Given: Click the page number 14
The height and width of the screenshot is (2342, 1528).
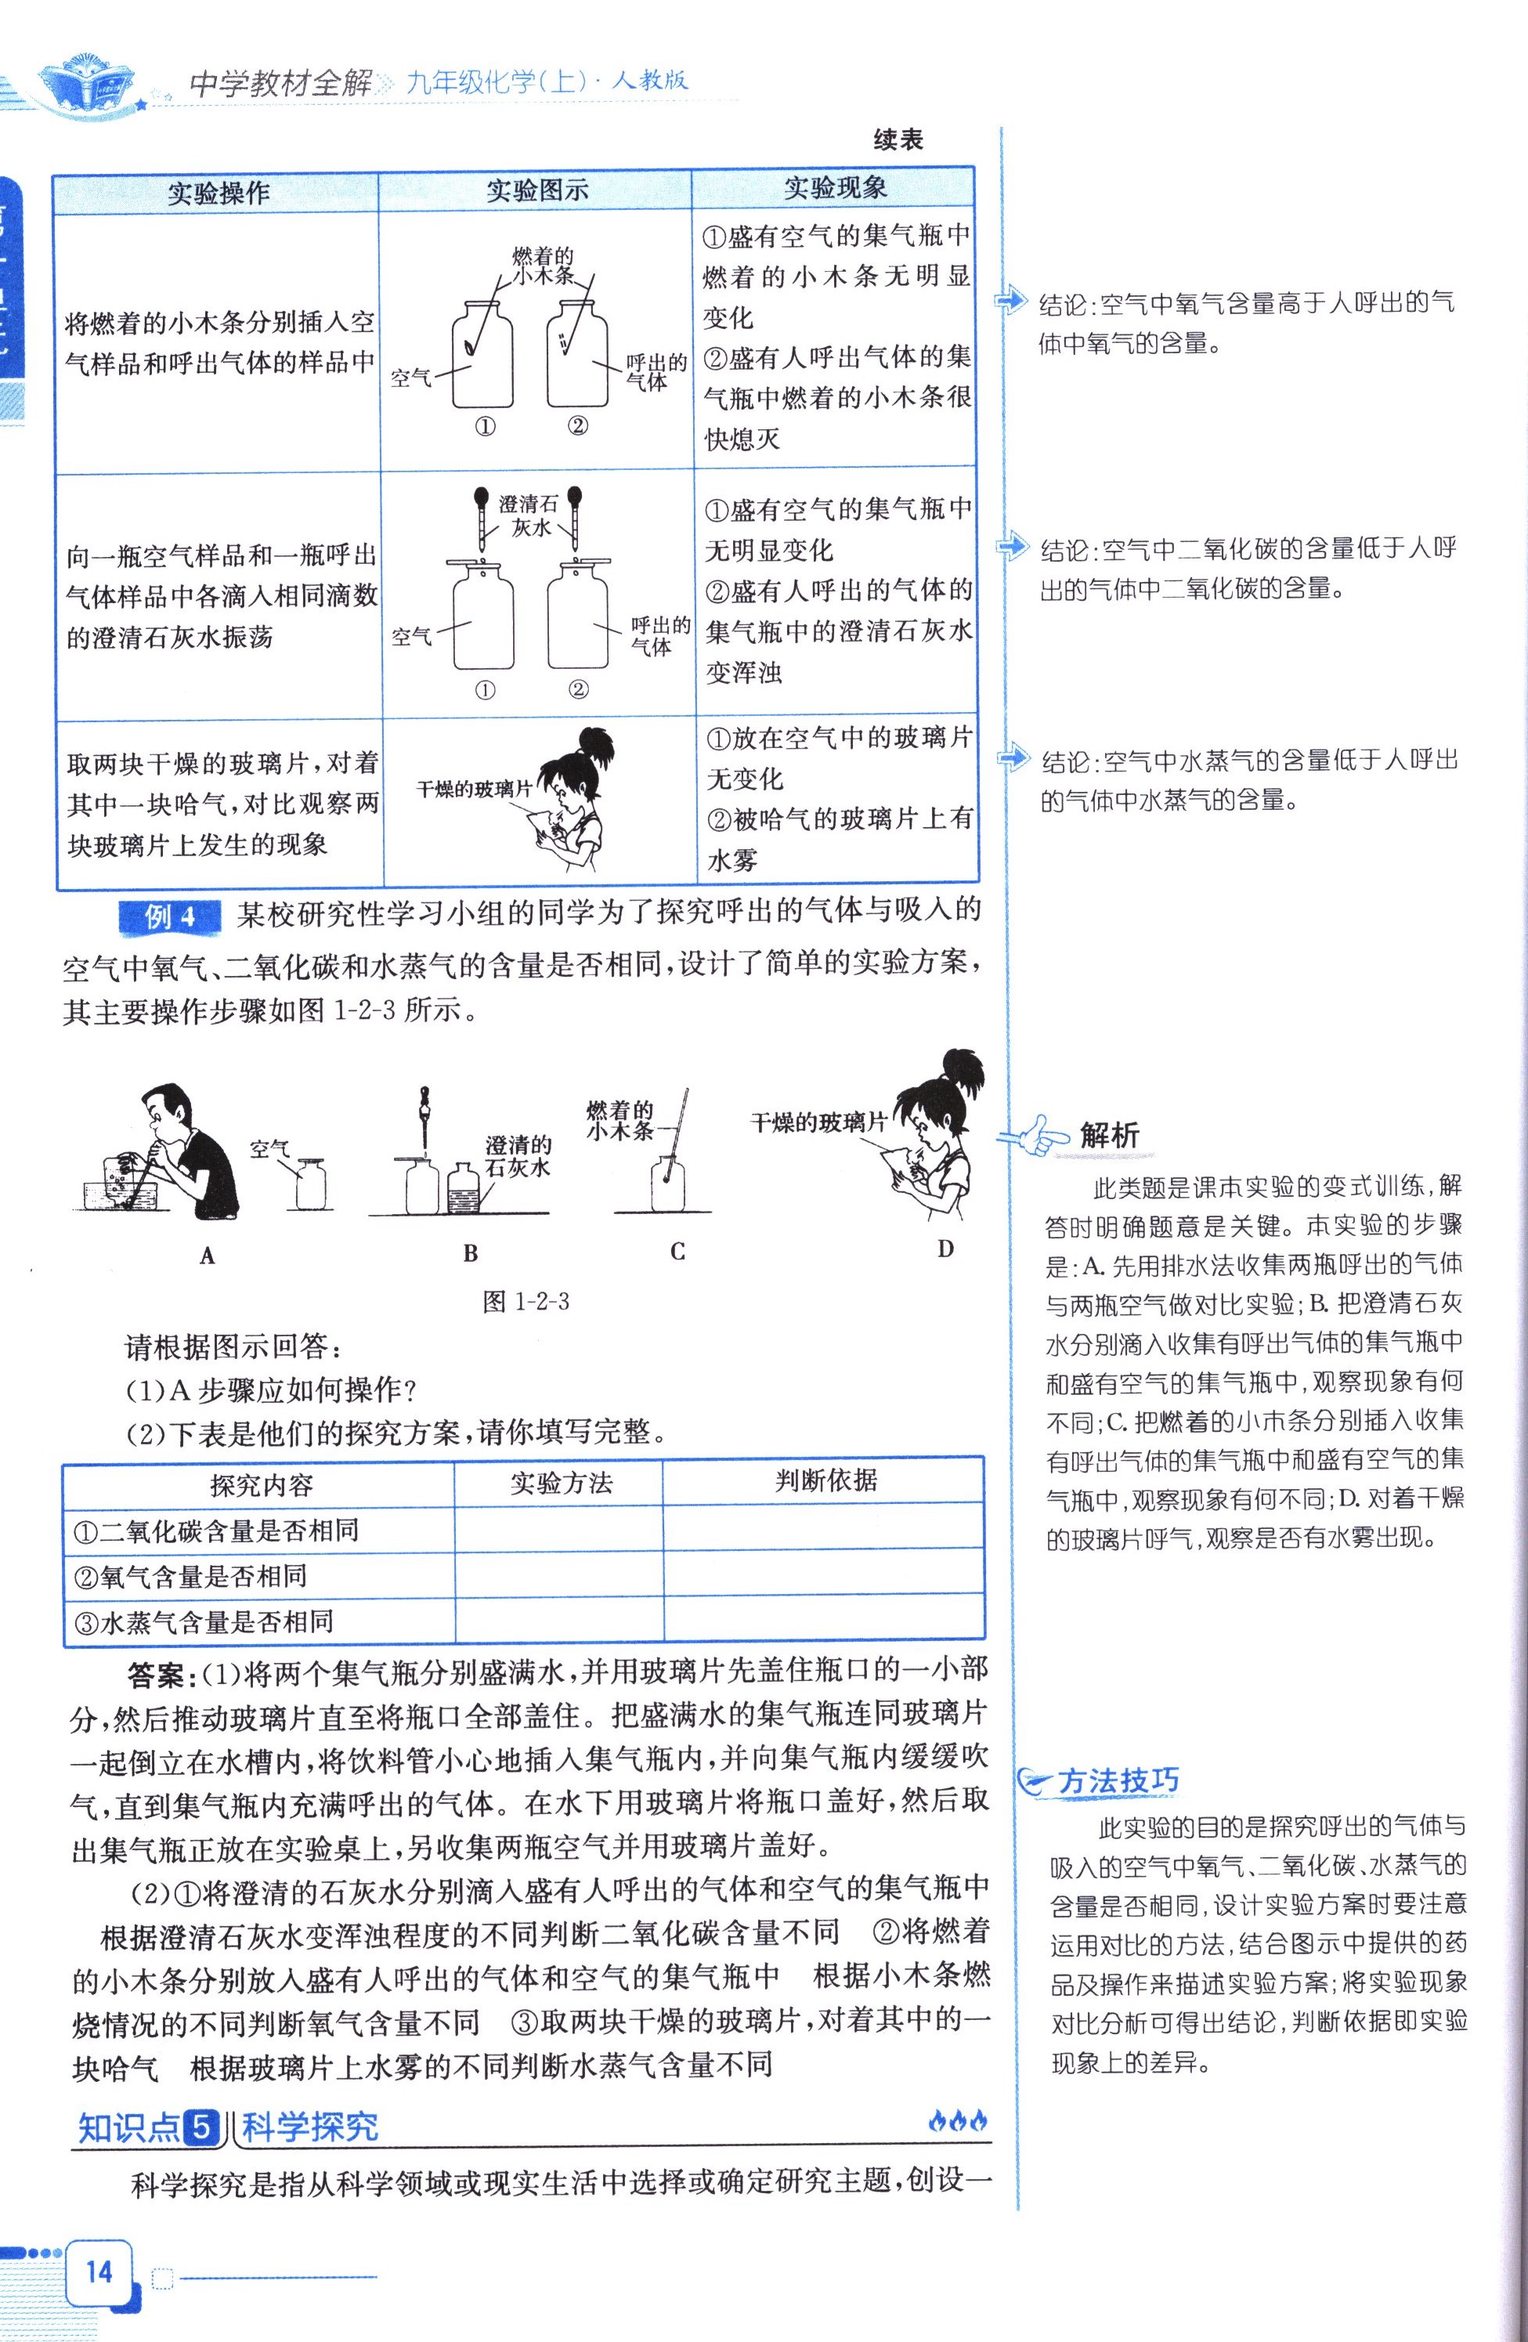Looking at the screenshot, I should click(x=99, y=2272).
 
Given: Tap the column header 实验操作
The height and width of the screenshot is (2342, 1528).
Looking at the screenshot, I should click(x=218, y=193).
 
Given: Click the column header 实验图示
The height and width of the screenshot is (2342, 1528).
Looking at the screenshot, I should click(x=536, y=191).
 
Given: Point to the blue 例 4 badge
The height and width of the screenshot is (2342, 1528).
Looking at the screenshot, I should click(x=170, y=917).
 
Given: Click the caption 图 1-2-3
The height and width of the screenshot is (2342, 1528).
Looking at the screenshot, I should click(x=526, y=1302).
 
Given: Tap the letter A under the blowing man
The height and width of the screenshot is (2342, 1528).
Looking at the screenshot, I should click(x=207, y=1255).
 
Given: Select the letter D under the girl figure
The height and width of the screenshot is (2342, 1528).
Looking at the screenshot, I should click(x=945, y=1250).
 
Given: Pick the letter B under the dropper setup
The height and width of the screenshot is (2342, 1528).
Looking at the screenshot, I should click(x=471, y=1254).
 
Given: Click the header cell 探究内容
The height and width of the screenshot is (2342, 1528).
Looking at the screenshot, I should click(x=261, y=1485).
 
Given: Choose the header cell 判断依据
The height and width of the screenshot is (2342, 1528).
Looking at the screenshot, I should click(x=825, y=1481).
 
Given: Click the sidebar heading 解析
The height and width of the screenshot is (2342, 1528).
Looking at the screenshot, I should click(x=1109, y=1136).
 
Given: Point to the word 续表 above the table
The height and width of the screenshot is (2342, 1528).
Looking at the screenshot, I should click(x=898, y=141).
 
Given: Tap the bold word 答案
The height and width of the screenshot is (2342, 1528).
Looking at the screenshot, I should click(x=162, y=1674).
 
